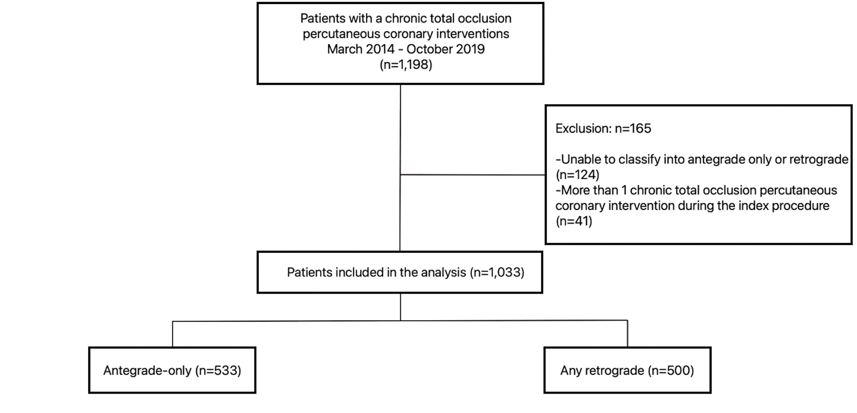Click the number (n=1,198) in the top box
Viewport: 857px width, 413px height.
(x=406, y=65)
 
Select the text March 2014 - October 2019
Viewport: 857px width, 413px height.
(x=406, y=49)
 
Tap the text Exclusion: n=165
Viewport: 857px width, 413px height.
(x=603, y=128)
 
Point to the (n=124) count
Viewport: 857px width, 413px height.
(x=577, y=175)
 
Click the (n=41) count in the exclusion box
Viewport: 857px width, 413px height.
(x=574, y=221)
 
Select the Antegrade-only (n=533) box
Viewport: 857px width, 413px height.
(x=172, y=370)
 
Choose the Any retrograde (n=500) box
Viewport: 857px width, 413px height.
(x=627, y=370)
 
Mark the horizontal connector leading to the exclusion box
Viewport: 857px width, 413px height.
(x=472, y=175)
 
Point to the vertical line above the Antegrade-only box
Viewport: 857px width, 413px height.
(x=172, y=334)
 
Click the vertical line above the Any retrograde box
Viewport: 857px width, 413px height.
(x=627, y=333)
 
